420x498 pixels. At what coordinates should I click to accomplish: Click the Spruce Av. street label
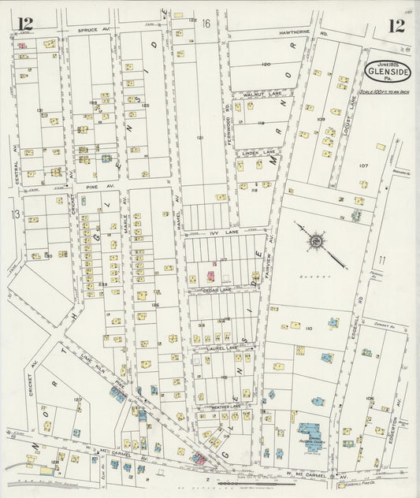[x=91, y=30]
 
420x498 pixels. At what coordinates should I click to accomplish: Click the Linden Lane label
[x=258, y=151]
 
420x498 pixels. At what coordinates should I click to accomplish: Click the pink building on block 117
[x=210, y=277]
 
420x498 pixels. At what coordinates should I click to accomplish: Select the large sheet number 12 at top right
[x=396, y=25]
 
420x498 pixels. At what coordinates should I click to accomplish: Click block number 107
[x=362, y=165]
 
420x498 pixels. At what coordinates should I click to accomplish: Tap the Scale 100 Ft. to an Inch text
[x=387, y=91]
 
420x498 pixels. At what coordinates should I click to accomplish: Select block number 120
[x=266, y=64]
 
